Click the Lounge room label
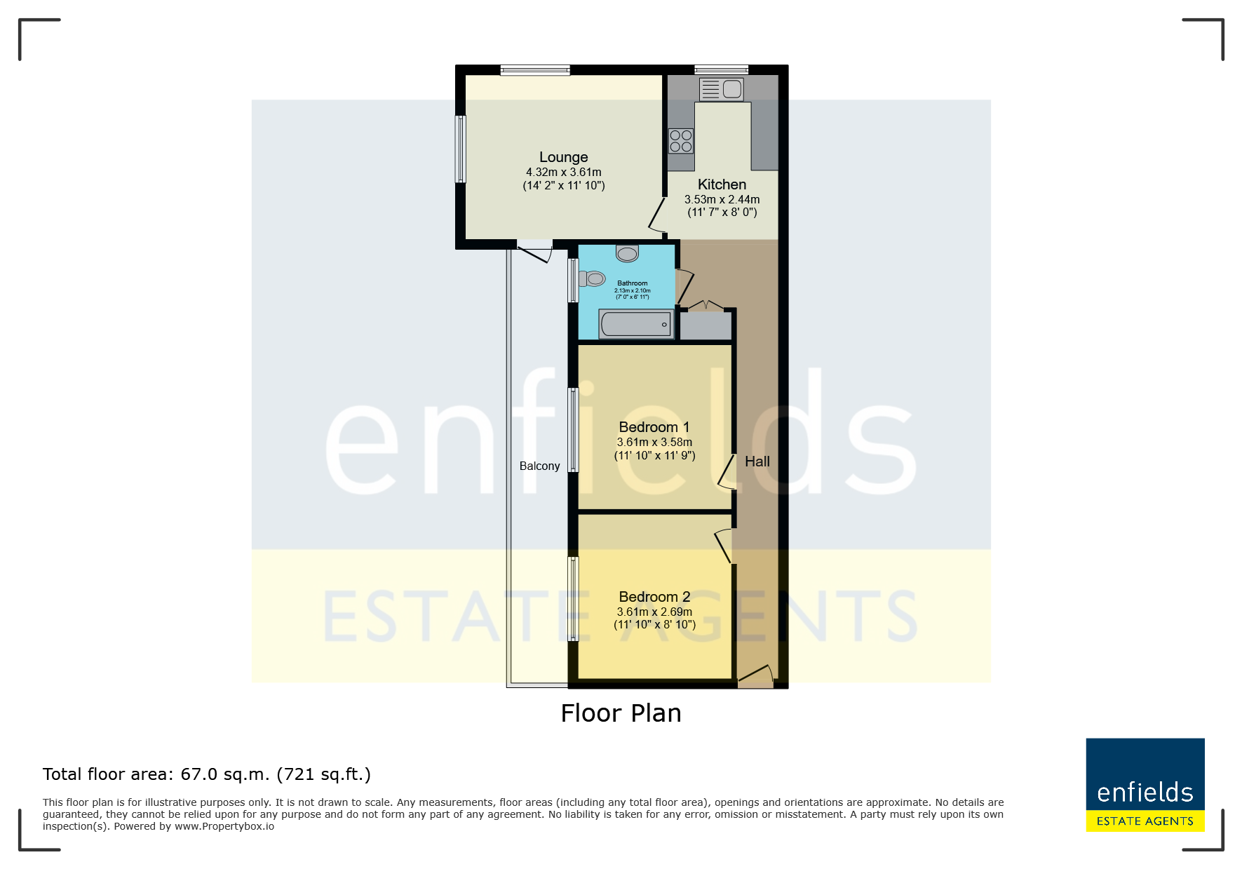click(563, 157)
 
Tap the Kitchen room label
click(722, 184)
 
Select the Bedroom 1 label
click(654, 427)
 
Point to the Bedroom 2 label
click(654, 597)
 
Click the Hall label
click(757, 462)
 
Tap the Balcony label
click(540, 466)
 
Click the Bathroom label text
click(633, 283)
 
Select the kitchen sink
click(721, 89)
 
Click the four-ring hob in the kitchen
click(681, 141)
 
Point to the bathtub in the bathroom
click(636, 324)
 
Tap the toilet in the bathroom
click(592, 279)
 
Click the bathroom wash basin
click(628, 252)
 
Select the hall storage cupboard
click(706, 325)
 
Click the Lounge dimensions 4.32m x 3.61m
click(564, 172)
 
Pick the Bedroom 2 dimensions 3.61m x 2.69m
click(654, 612)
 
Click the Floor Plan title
click(621, 713)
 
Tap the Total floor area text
click(207, 774)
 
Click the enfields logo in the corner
click(1145, 785)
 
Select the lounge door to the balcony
click(535, 251)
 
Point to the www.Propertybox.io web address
click(224, 826)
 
